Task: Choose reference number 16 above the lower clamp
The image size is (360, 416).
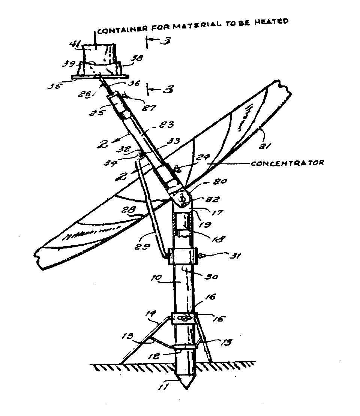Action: (210, 297)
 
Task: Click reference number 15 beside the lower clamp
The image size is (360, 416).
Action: (219, 319)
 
